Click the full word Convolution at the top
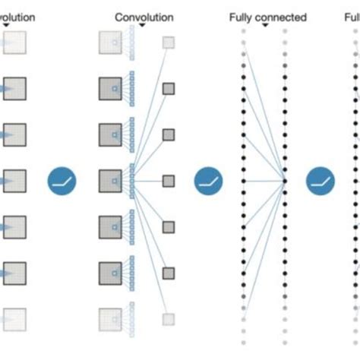click(144, 16)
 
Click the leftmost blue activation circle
click(62, 181)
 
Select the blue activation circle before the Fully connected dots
click(208, 181)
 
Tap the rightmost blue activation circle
click(321, 181)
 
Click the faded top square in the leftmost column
click(14, 43)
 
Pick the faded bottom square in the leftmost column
click(14, 318)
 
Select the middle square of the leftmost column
click(14, 181)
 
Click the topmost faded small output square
click(168, 43)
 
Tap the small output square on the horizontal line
click(168, 181)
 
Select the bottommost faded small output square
click(168, 319)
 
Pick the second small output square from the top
click(168, 89)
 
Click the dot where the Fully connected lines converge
click(285, 181)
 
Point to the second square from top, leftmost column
click(14, 89)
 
